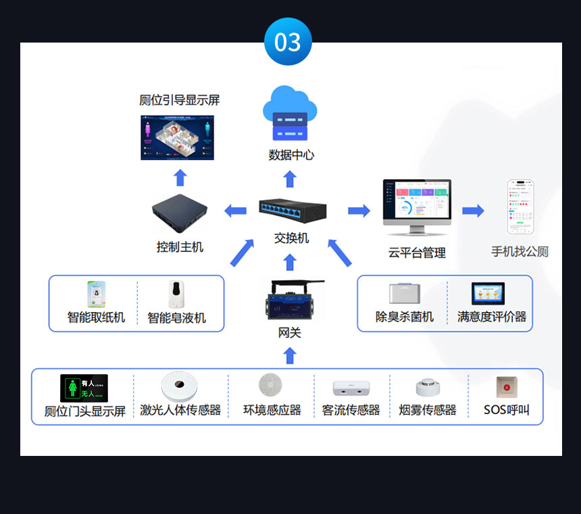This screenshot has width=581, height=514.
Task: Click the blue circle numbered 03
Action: coord(288,42)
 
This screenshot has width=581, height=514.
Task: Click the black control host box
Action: coord(180,212)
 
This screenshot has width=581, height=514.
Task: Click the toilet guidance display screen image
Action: coord(177,137)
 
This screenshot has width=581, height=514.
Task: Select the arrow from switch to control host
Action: coord(235,211)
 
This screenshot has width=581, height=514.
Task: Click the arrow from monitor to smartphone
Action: coord(473,211)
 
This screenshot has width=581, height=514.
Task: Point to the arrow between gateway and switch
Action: coord(290,261)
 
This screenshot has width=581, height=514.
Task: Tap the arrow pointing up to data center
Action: coord(290,179)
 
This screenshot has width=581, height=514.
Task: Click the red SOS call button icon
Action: coord(506,388)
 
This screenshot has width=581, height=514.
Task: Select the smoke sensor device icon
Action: coord(428,388)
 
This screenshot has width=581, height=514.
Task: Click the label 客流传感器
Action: coord(351,410)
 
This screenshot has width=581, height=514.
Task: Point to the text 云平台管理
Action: coord(417,253)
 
